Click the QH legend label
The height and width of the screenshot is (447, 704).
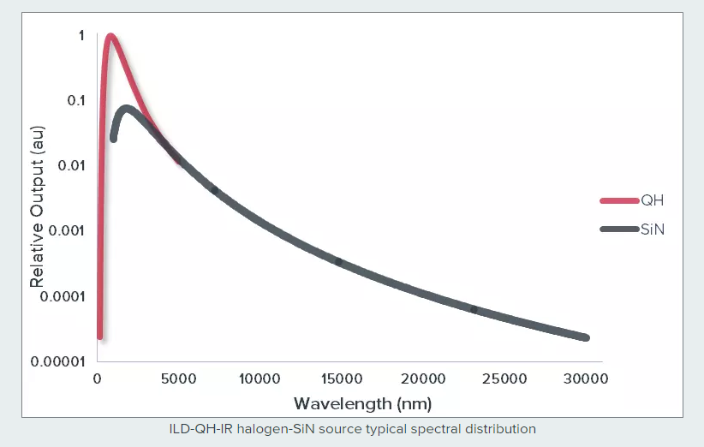653,201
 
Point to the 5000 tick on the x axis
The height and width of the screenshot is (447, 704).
179,378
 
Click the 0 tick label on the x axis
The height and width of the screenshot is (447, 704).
98,378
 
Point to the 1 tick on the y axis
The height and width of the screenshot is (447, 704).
81,36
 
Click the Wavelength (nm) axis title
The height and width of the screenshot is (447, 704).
362,403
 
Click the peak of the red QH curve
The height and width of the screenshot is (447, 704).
110,37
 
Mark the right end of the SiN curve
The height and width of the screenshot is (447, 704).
586,337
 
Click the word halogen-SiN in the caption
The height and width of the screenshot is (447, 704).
291,428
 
